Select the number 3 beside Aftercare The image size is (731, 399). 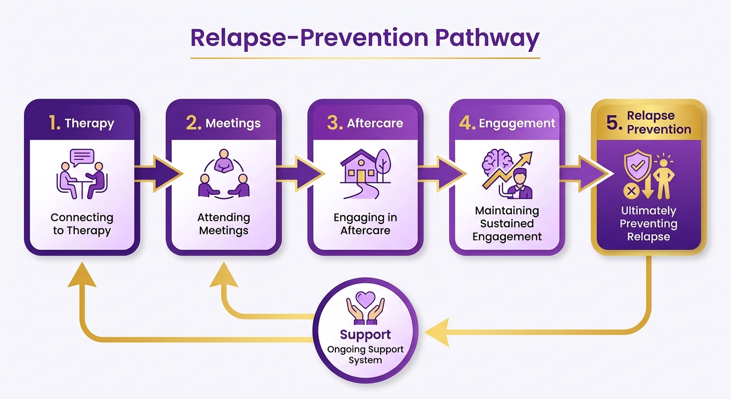click(x=334, y=123)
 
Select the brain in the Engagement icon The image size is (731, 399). click(x=497, y=162)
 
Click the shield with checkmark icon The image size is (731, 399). click(x=638, y=165)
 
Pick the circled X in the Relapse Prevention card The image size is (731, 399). click(x=631, y=191)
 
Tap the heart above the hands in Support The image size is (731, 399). click(x=365, y=299)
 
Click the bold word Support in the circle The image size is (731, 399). click(x=365, y=335)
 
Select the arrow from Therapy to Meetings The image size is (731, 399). click(x=158, y=174)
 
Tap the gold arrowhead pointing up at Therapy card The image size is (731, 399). click(x=82, y=275)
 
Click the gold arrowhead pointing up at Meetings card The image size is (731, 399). click(x=224, y=275)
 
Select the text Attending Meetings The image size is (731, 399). click(x=224, y=224)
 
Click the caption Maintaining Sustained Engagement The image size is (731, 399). click(x=507, y=224)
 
